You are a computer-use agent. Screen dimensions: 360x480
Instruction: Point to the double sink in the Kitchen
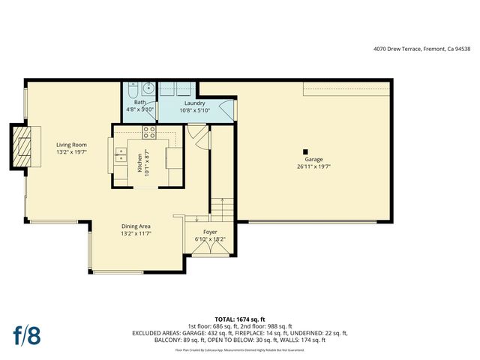120,155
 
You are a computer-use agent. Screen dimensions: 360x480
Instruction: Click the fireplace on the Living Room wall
24,146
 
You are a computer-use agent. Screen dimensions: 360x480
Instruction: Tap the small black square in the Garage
304,151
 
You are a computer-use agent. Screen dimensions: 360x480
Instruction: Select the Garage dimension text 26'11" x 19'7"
313,167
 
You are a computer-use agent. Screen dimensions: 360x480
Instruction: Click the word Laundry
194,103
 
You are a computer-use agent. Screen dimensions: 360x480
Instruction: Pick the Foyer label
210,232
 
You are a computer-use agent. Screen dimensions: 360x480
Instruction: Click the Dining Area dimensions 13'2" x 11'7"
137,233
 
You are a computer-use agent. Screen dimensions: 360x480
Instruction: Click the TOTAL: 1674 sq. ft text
240,318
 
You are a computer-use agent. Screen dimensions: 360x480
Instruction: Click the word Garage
313,160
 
